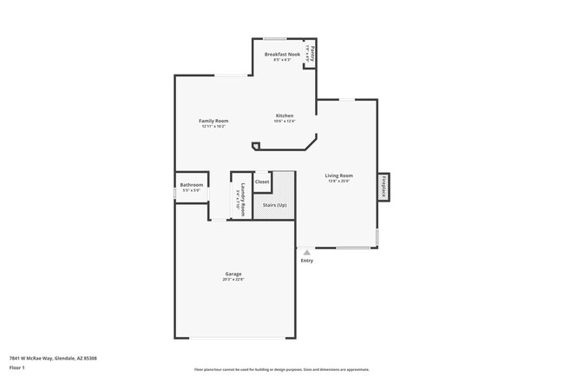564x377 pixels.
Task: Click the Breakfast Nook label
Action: (x=282, y=54)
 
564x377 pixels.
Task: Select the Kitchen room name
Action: (x=285, y=116)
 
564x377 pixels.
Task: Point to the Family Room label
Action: (x=213, y=121)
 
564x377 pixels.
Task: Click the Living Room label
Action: (x=338, y=175)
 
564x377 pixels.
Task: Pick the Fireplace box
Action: (x=383, y=187)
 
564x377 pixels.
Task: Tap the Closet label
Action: (x=262, y=182)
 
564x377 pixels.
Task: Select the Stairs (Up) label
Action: (x=274, y=204)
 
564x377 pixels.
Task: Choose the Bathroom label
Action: (x=192, y=184)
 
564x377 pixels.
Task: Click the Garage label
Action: (x=233, y=274)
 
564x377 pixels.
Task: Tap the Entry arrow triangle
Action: (x=306, y=253)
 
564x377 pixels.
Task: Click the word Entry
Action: (x=306, y=261)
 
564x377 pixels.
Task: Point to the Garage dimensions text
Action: (x=233, y=280)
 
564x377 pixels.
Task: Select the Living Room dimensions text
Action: (x=338, y=182)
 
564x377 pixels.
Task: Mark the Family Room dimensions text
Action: (x=213, y=127)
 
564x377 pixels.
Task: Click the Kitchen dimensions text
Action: (x=285, y=122)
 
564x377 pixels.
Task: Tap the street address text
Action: (x=53, y=358)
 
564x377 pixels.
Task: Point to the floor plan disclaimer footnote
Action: (x=282, y=369)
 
